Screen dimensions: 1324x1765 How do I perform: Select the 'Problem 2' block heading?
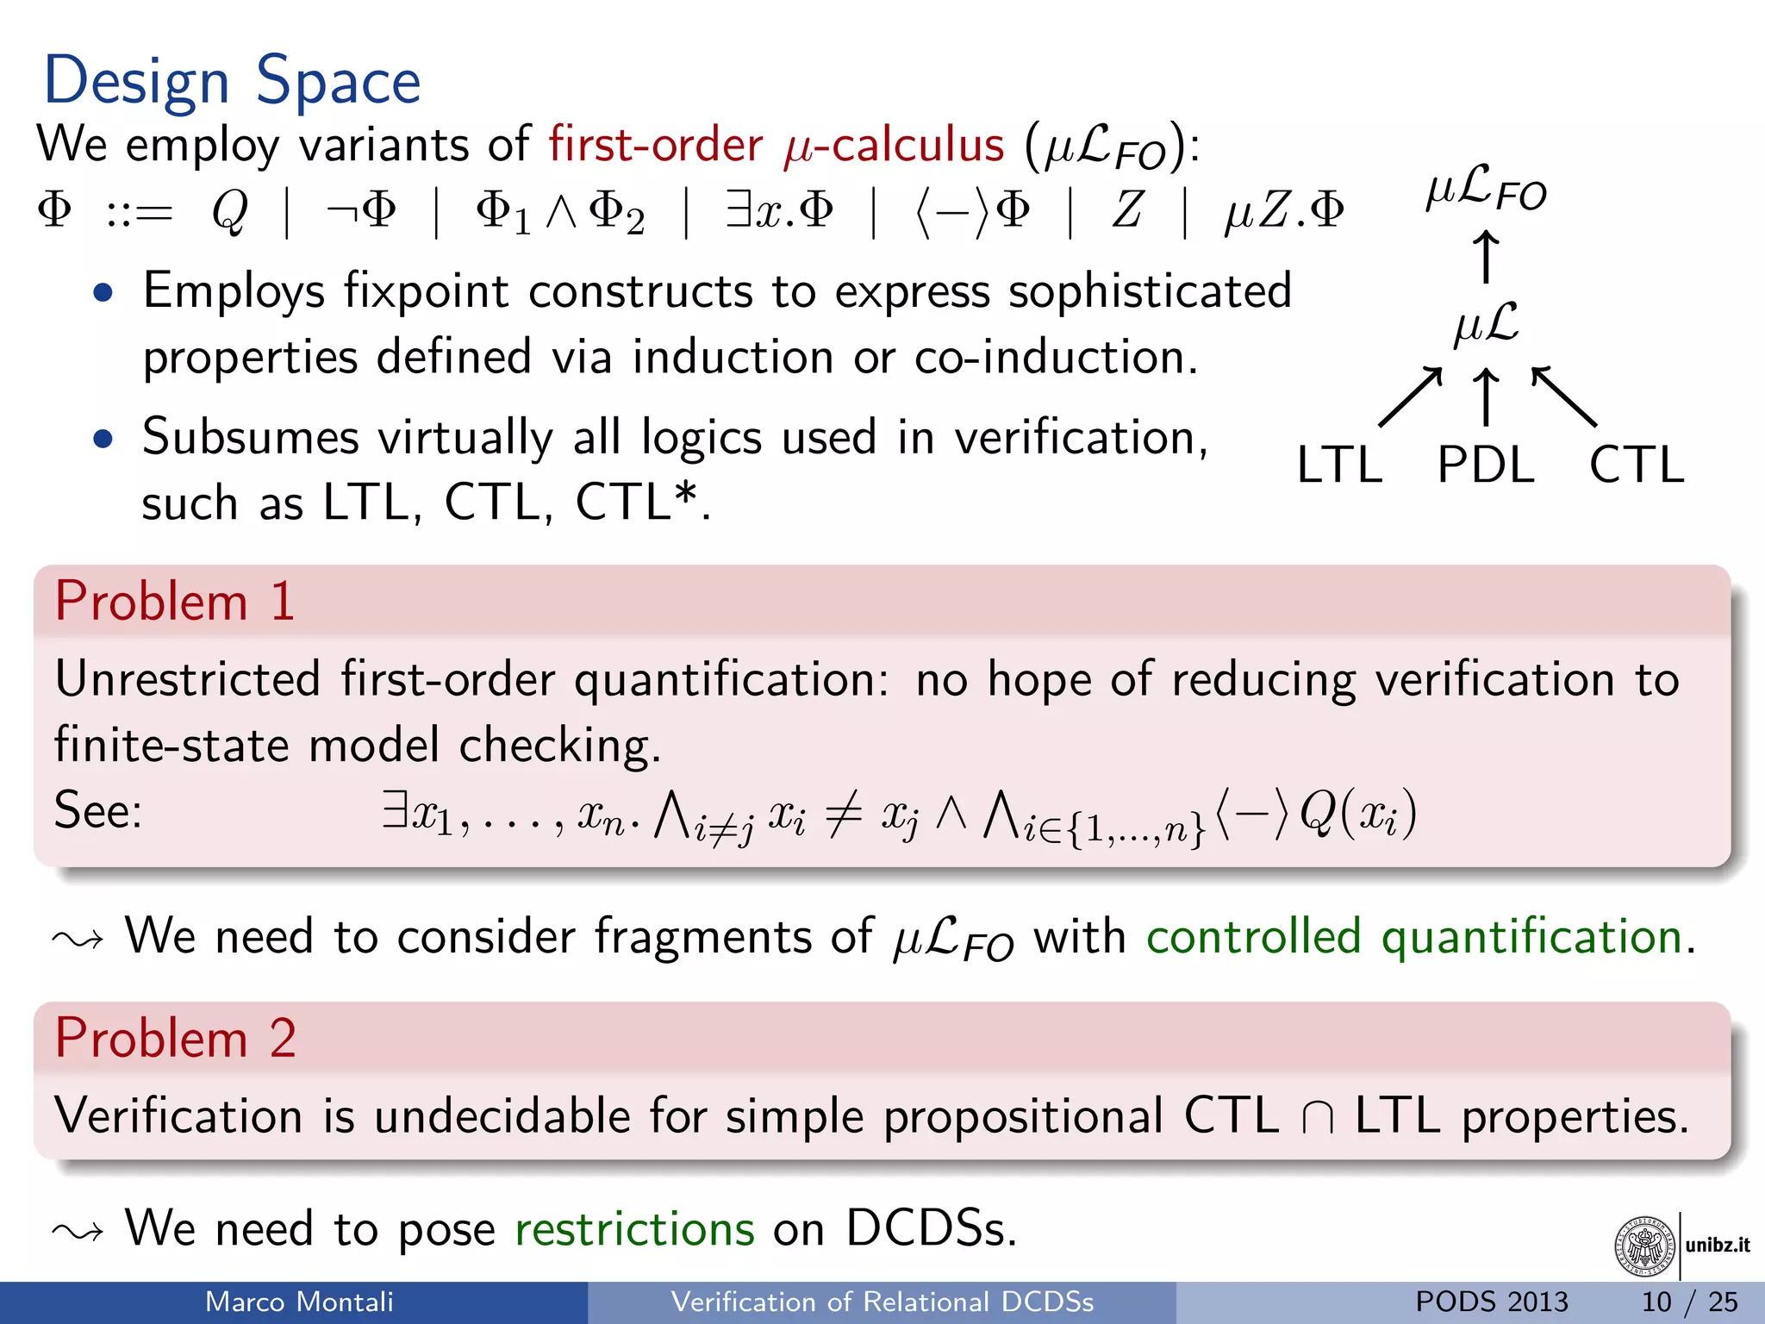click(x=175, y=1038)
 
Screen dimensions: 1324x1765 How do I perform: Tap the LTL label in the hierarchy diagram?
click(x=1339, y=465)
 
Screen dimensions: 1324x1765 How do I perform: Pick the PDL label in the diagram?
click(x=1486, y=465)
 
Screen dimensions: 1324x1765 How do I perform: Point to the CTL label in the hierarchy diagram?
click(x=1636, y=465)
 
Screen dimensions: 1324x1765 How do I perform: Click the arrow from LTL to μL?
click(x=1410, y=397)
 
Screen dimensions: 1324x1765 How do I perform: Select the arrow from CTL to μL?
click(x=1563, y=397)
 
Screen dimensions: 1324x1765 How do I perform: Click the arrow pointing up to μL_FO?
click(x=1485, y=256)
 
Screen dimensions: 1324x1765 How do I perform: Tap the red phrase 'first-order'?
click(x=655, y=144)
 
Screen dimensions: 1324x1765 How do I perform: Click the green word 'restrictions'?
click(x=634, y=1228)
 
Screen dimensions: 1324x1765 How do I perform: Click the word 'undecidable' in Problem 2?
click(x=502, y=1116)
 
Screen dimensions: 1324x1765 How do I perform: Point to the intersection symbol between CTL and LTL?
click(x=1318, y=1118)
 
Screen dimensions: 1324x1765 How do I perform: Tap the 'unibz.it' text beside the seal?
click(x=1718, y=1245)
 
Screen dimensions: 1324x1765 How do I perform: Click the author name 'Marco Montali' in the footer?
click(x=299, y=1302)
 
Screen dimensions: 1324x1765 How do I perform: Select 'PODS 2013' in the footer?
click(x=1492, y=1302)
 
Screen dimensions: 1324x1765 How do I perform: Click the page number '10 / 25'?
click(x=1689, y=1302)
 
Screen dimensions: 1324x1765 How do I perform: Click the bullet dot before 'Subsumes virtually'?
click(x=103, y=439)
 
